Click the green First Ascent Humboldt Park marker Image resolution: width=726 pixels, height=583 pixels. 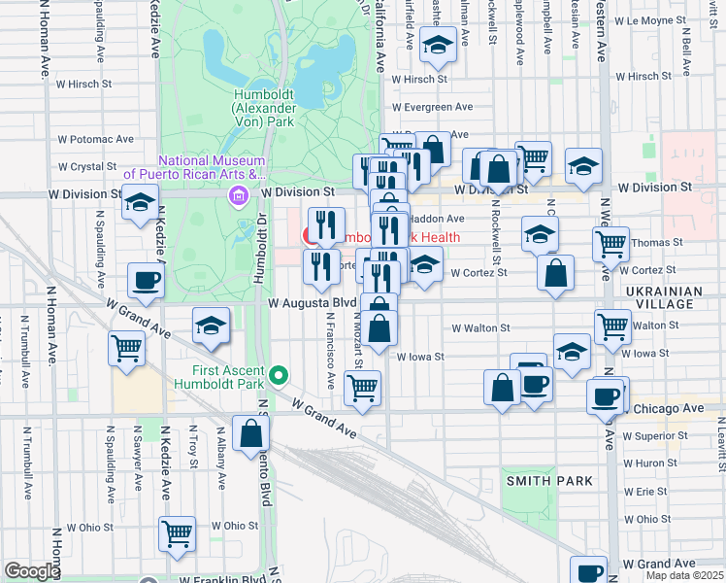pos(279,374)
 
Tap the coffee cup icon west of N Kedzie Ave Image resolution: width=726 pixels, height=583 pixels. pos(146,280)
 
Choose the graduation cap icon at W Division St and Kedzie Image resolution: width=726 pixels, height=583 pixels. pos(141,201)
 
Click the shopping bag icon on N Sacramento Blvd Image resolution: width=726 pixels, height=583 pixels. pos(250,434)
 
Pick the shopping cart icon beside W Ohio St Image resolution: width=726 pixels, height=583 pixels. pos(178,532)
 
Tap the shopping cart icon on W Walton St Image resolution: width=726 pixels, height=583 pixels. pos(613,326)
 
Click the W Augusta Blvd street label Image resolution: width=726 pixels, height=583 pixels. pos(313,303)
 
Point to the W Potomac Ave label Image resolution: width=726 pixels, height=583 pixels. pos(96,140)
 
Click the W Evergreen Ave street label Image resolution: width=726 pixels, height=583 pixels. pos(432,108)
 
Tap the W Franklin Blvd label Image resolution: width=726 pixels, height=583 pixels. pos(214,579)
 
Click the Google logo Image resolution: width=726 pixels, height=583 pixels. pos(32,571)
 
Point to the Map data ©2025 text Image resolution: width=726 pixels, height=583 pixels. pos(683,575)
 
